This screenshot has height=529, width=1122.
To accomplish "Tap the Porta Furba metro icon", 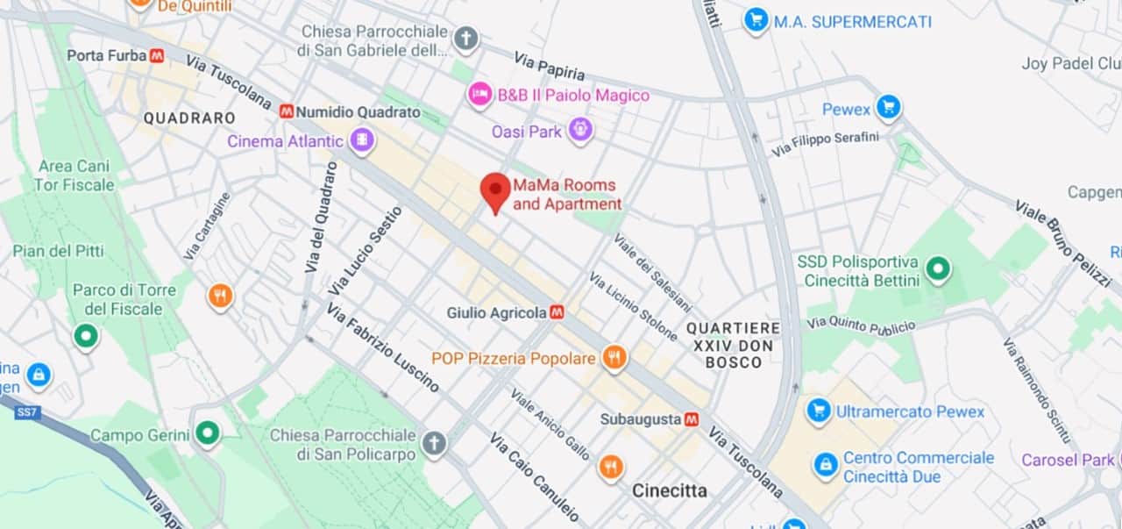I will click(x=157, y=55).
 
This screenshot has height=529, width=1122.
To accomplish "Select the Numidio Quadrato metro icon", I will click(x=286, y=111).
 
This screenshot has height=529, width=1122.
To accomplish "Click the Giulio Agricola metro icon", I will click(x=557, y=312).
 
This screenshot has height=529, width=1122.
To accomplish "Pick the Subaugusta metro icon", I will click(x=692, y=419).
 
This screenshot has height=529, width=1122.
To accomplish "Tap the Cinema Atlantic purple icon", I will click(x=361, y=140).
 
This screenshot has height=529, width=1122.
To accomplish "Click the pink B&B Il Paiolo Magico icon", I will click(x=479, y=95).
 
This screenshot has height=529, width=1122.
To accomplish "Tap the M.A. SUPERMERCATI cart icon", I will click(x=756, y=21).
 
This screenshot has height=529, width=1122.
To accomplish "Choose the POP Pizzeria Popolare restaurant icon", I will click(x=614, y=358).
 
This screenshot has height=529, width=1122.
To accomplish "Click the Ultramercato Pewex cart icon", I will click(x=819, y=411).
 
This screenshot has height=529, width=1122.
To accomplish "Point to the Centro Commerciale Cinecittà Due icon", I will click(x=825, y=466).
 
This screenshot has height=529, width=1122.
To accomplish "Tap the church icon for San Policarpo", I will click(x=434, y=444).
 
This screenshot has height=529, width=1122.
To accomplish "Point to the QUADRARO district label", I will click(x=189, y=118).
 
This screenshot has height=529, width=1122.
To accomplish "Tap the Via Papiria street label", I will click(x=549, y=67).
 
